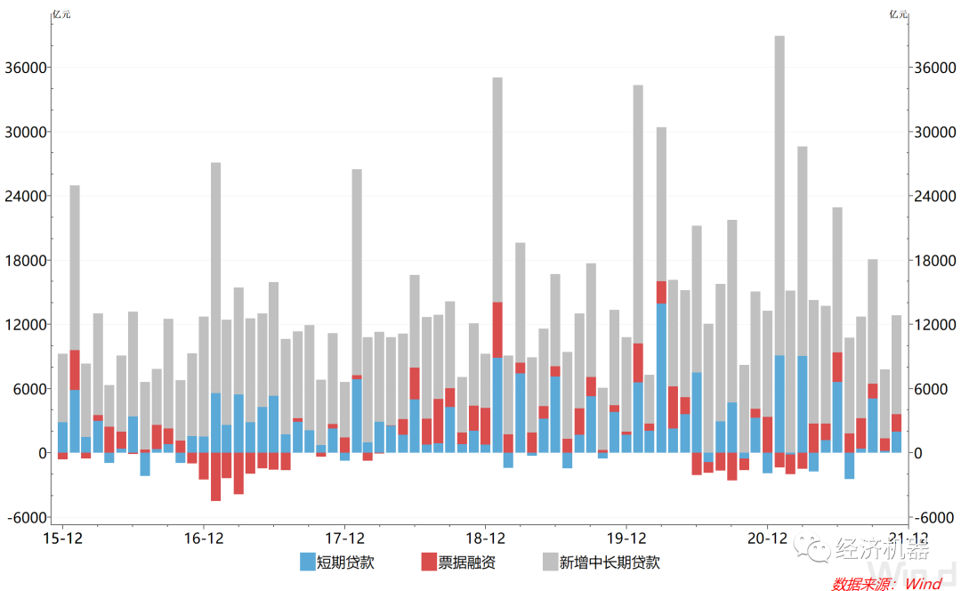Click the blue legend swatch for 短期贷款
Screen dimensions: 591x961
pyautogui.click(x=307, y=562)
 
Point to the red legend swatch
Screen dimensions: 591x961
pyautogui.click(x=429, y=562)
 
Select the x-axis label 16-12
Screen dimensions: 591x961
pyautogui.click(x=204, y=538)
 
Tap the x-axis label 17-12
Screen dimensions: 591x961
pyautogui.click(x=344, y=538)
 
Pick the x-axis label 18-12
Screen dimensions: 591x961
pyautogui.click(x=486, y=538)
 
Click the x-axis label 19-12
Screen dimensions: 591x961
pyautogui.click(x=626, y=538)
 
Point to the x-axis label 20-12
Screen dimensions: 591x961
pyautogui.click(x=767, y=538)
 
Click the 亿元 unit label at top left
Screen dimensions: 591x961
pyautogui.click(x=61, y=13)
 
